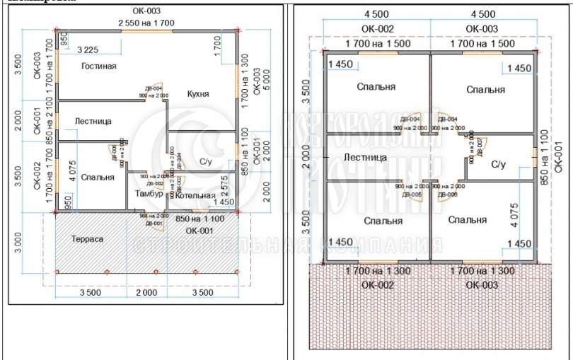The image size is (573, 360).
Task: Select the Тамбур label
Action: [x=149, y=193]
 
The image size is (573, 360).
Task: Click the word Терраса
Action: [x=87, y=239]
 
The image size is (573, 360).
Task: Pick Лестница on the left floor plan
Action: [x=93, y=122]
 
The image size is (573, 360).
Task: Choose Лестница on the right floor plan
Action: [x=365, y=157]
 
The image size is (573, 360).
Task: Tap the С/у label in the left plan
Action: [x=207, y=162]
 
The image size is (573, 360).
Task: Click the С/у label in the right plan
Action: [x=498, y=164]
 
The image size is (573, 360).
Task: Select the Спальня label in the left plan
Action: [x=98, y=178]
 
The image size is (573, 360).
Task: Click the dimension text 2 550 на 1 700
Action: [x=146, y=23]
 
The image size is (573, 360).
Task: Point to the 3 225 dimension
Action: [x=87, y=50]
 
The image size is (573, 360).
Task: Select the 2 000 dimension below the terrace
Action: [x=146, y=291]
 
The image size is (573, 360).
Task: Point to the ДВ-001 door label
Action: [x=154, y=223]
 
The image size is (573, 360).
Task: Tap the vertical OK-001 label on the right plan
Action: [x=557, y=157]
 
